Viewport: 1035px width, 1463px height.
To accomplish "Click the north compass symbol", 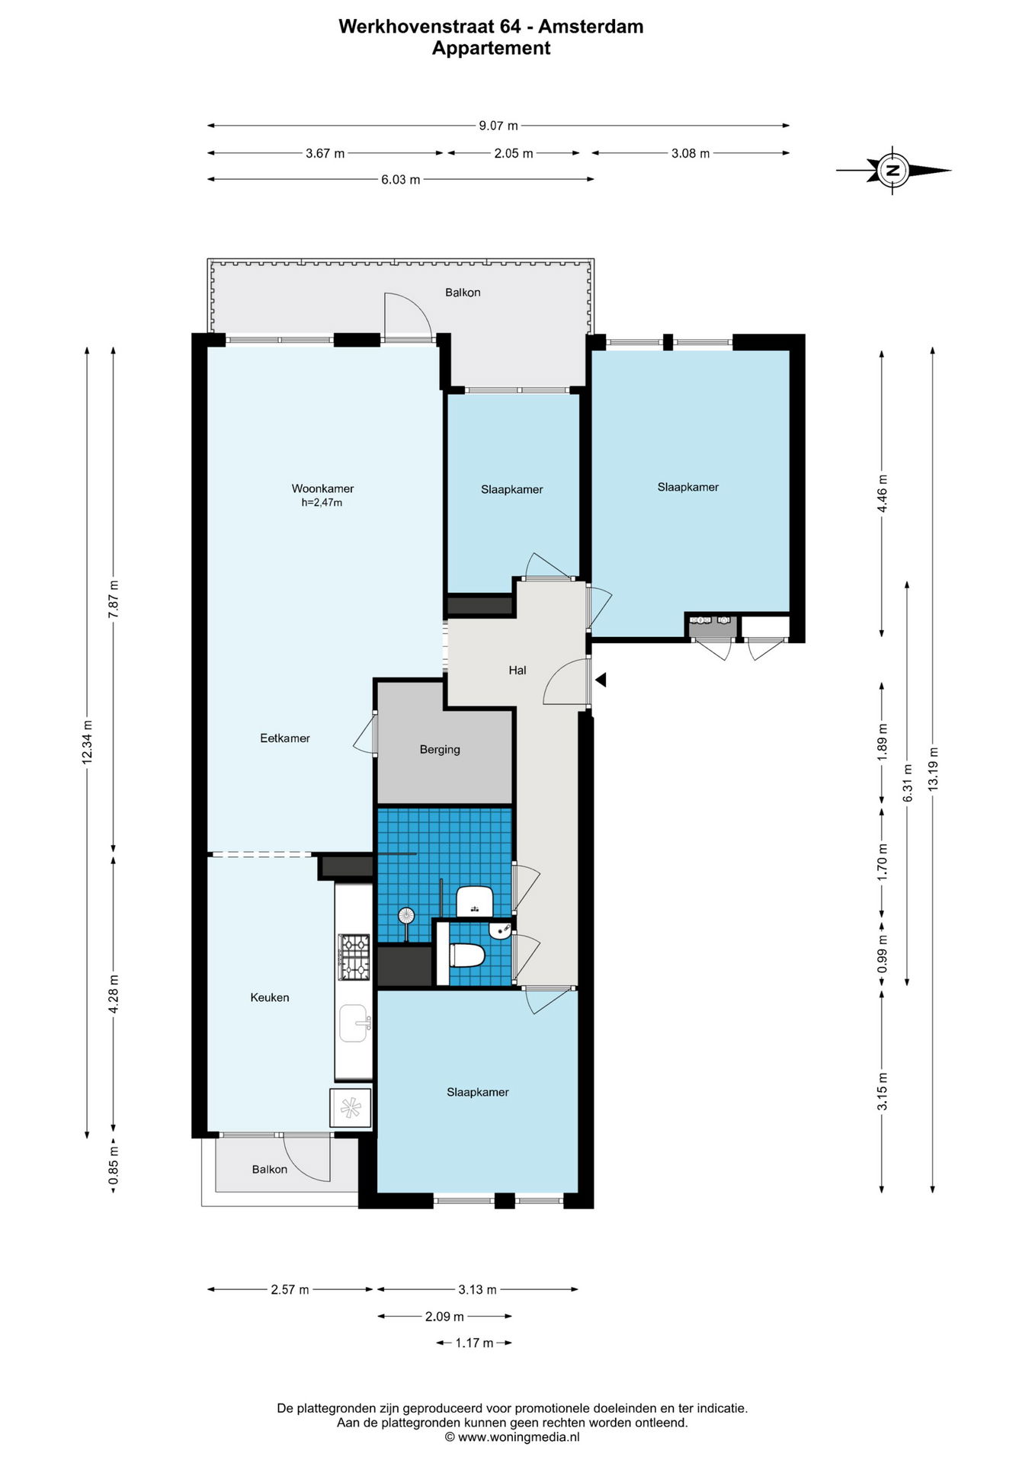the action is point(893,170).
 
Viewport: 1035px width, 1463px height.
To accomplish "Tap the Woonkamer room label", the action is point(322,488).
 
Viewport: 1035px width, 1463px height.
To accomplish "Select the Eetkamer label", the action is point(285,738).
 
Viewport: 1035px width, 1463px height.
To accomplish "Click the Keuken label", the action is point(270,997).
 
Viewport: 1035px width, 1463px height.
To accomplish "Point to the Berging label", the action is point(440,749).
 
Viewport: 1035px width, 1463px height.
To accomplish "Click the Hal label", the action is point(517,670).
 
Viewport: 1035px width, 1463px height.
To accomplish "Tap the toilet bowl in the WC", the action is point(466,955).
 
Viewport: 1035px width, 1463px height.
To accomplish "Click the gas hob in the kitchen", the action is point(354,956).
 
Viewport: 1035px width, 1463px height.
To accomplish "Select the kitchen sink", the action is point(354,1023).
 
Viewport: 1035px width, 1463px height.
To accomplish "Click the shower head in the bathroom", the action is point(406,915).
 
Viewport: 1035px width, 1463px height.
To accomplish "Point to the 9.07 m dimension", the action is point(498,125).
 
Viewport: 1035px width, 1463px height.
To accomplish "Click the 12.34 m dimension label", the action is point(87,741).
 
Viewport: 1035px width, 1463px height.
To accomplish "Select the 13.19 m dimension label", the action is point(934,768).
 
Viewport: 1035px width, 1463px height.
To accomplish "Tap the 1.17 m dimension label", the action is point(474,1343).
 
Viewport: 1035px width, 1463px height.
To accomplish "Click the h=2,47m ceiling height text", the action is point(322,503).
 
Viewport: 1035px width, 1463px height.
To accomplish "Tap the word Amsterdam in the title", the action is point(591,27).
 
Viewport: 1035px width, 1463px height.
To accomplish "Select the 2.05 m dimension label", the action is point(513,153).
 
